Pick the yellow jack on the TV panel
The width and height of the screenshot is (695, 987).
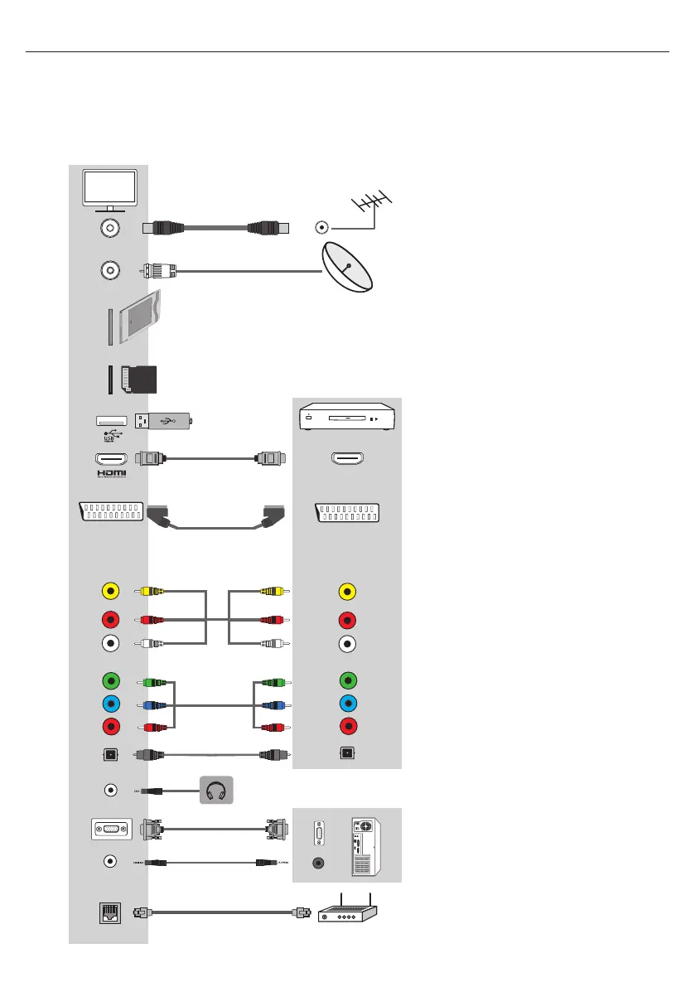coord(109,592)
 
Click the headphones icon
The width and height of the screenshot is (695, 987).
coord(215,789)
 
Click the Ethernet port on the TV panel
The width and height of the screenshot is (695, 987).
coord(109,910)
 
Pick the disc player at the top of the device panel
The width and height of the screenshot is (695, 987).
coord(347,419)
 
